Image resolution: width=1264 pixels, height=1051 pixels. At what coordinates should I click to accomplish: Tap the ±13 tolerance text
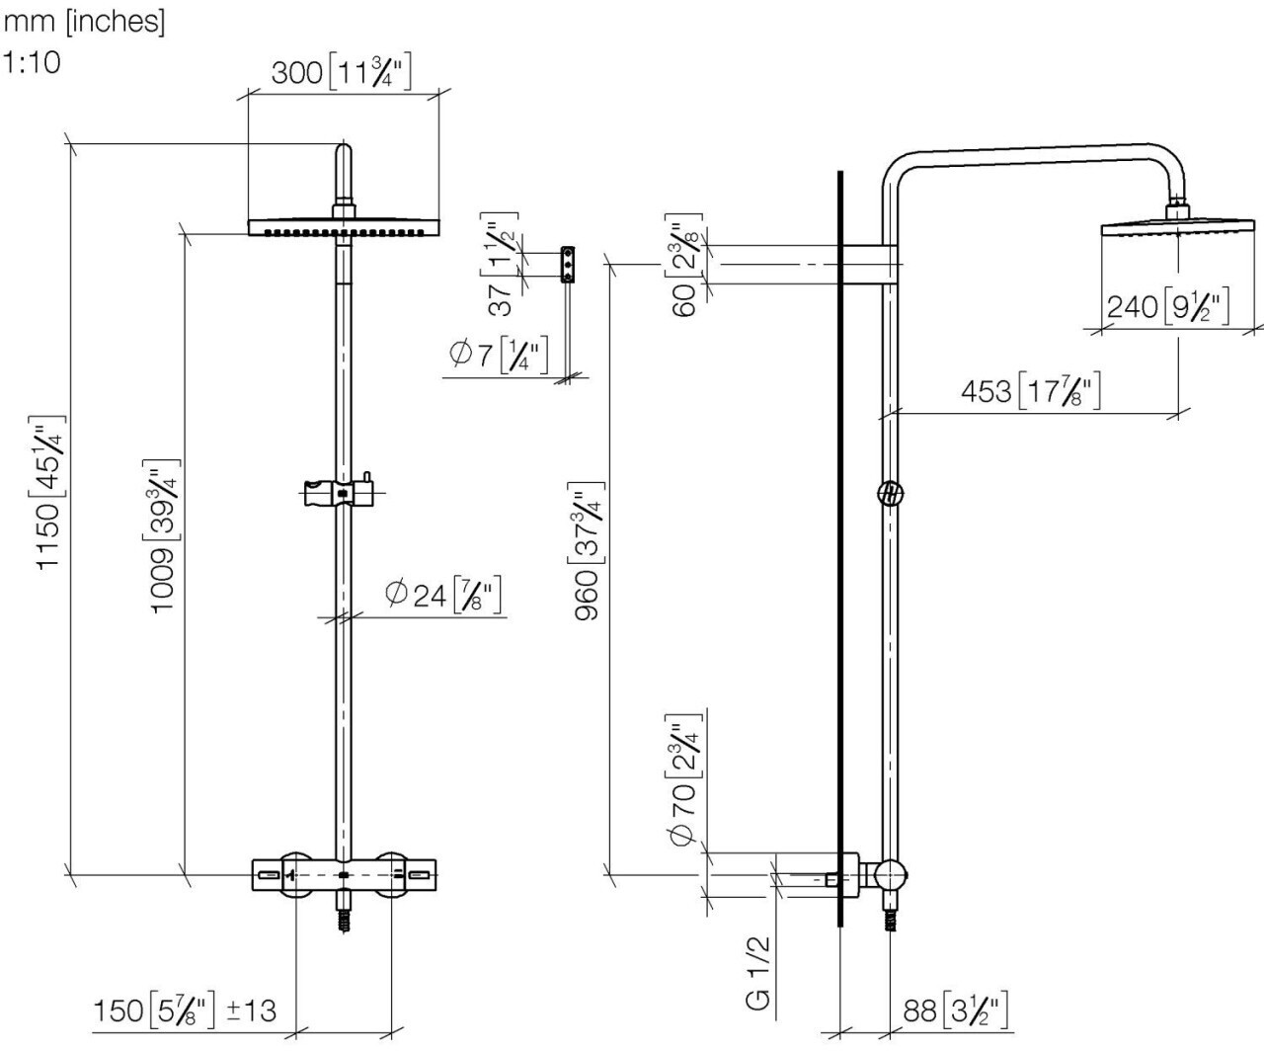click(x=251, y=1011)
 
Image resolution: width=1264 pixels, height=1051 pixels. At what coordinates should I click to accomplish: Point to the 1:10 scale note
click(x=32, y=62)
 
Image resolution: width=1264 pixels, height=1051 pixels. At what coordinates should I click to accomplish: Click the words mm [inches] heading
click(x=84, y=22)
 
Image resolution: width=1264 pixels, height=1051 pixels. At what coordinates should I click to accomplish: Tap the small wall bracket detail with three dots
click(x=567, y=264)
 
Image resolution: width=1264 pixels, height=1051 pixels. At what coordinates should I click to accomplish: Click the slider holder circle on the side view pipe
click(x=891, y=494)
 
